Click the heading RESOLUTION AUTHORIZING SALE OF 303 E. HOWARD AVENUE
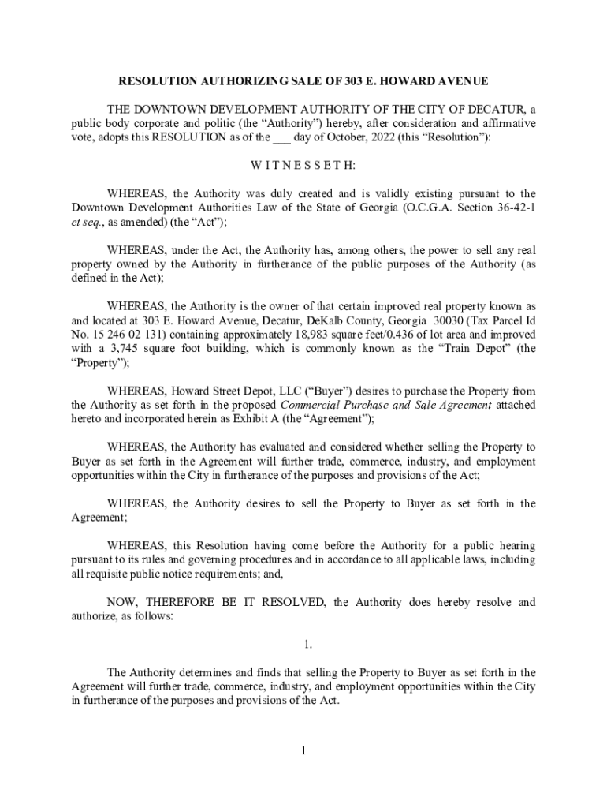pyautogui.click(x=303, y=81)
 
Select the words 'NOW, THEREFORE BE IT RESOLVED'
pyautogui.click(x=216, y=602)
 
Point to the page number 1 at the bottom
pyautogui.click(x=303, y=750)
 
